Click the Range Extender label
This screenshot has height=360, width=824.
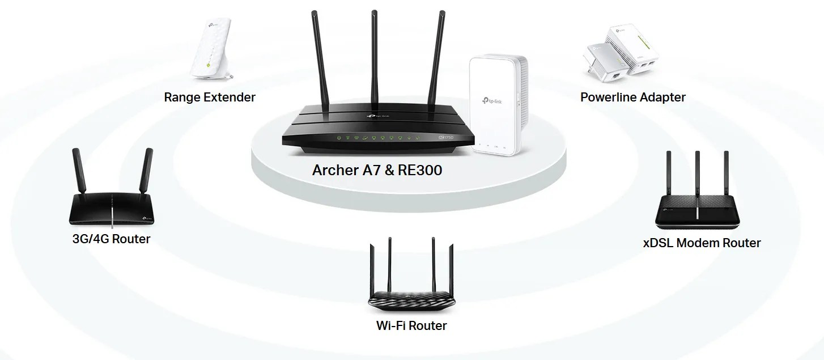click(210, 97)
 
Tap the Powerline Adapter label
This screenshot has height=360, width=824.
click(632, 97)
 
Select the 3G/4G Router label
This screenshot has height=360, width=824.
click(112, 239)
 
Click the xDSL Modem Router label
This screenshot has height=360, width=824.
click(702, 243)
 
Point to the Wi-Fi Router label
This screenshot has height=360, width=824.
click(411, 325)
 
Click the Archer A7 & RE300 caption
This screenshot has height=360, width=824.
click(377, 170)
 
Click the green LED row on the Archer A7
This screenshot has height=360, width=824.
click(377, 137)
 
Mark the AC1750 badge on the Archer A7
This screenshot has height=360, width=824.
click(451, 138)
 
